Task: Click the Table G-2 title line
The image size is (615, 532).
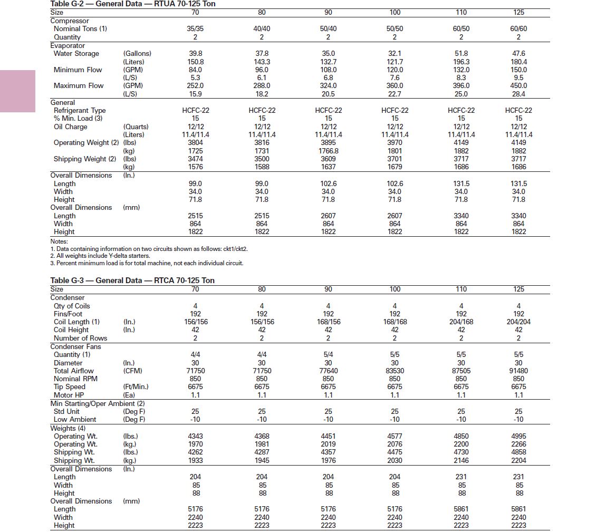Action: point(132,4)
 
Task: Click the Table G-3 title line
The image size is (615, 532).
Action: point(132,280)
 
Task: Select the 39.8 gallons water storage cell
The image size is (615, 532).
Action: point(196,53)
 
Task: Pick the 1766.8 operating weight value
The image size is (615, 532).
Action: point(328,151)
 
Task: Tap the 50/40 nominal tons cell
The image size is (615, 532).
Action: point(328,29)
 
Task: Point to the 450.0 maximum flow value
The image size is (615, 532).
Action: point(518,85)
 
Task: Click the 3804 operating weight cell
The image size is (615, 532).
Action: point(196,142)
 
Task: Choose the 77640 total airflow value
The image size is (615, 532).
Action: point(328,371)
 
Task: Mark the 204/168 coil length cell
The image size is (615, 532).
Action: point(461,322)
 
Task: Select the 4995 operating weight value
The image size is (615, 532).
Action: point(518,436)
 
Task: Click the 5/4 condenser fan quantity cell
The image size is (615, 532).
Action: point(328,354)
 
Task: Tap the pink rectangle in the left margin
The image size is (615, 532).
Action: point(17,91)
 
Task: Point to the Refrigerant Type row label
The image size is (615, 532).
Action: point(80,110)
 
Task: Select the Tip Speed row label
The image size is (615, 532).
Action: point(69,386)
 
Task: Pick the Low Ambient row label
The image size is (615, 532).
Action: point(75,419)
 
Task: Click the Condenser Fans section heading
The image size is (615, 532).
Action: point(75,346)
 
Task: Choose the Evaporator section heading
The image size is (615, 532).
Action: point(68,45)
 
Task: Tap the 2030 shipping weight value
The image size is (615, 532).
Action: point(395,460)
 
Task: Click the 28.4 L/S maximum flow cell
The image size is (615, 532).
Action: point(518,94)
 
